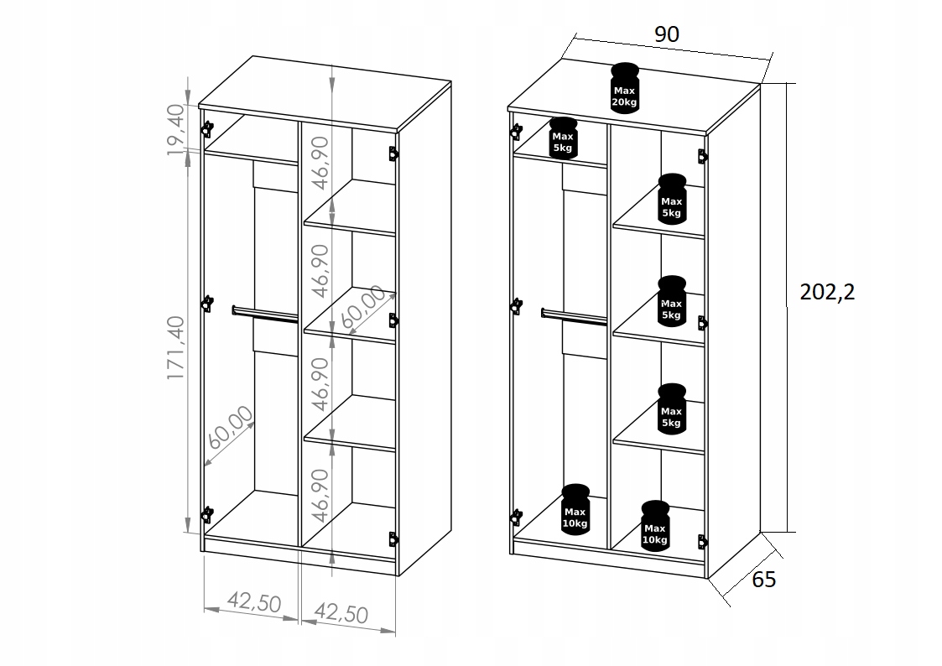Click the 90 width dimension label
tap(667, 34)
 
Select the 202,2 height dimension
tap(827, 292)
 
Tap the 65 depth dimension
tap(764, 579)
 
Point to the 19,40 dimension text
tap(174, 130)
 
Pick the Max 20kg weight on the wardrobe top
tap(625, 87)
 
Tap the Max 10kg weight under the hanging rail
tap(575, 508)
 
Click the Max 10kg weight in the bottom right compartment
tap(654, 525)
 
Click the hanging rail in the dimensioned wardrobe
tap(265, 314)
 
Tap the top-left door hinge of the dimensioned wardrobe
tap(206, 128)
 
